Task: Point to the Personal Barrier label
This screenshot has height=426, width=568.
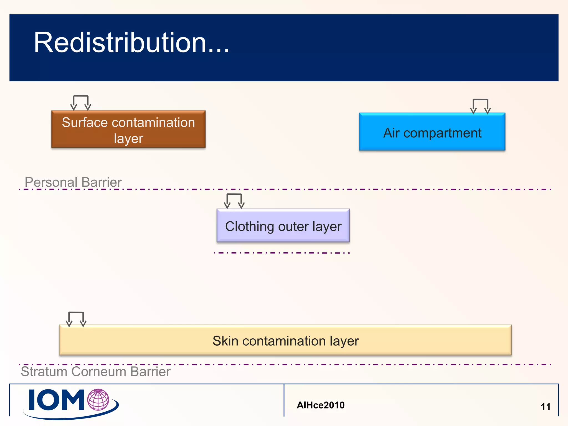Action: click(73, 182)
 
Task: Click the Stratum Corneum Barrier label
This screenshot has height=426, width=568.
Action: click(95, 372)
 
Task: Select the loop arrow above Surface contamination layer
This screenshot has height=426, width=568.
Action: click(80, 102)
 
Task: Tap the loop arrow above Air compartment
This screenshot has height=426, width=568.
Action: click(480, 106)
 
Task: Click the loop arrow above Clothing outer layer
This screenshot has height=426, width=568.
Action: click(234, 200)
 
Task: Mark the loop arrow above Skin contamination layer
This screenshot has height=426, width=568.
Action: click(76, 318)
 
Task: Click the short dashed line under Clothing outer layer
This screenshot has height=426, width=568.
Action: click(282, 253)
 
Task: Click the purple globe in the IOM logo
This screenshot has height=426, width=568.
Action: click(98, 400)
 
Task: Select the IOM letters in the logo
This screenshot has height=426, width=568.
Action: click(56, 400)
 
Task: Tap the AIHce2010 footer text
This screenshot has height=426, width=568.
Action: click(321, 405)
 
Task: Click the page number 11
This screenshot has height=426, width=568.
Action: click(546, 407)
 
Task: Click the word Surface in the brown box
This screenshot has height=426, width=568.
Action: click(85, 122)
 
